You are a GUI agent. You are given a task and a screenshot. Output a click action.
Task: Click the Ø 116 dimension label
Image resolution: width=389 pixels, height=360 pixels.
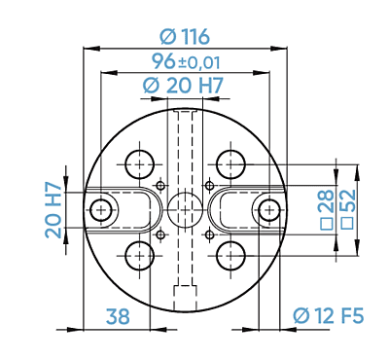point(185,36)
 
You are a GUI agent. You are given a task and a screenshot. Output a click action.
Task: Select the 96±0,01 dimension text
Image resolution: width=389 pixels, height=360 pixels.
point(186,61)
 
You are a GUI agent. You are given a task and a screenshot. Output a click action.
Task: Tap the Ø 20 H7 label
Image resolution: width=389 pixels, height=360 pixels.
point(183,86)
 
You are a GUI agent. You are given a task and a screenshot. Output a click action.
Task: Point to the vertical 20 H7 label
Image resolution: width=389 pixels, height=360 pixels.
point(53,210)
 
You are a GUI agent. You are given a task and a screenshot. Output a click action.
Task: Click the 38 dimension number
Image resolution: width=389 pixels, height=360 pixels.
point(118,316)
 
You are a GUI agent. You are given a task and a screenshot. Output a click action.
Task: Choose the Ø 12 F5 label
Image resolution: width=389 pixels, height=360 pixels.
point(329,315)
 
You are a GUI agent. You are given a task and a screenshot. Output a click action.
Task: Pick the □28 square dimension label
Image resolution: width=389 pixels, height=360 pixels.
point(327,209)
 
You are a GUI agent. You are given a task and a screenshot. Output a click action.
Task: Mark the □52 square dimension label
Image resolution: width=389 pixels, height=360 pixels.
point(348,209)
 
